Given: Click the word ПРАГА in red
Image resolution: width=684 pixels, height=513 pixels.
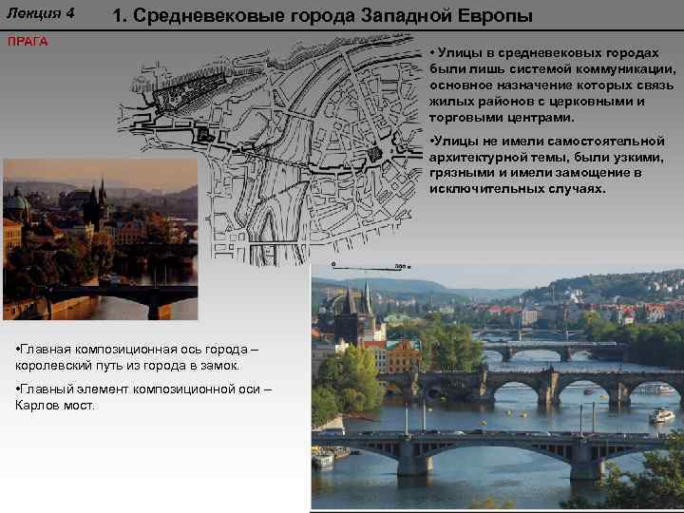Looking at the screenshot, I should coord(28,42).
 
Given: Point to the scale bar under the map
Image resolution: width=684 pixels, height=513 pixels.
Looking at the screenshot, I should coord(370,267).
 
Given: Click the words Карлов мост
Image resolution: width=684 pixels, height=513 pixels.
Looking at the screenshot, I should coord(55,405).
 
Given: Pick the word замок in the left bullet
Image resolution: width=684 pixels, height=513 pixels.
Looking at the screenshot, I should coord(219,365).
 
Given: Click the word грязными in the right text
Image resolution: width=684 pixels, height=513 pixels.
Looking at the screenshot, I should coord(463,174).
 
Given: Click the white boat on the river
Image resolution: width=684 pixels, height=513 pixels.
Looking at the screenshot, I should coord(661,415).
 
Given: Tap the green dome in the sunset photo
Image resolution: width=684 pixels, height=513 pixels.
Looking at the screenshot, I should coord(16,201).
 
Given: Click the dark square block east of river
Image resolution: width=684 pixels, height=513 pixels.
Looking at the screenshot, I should coord(374,152).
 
